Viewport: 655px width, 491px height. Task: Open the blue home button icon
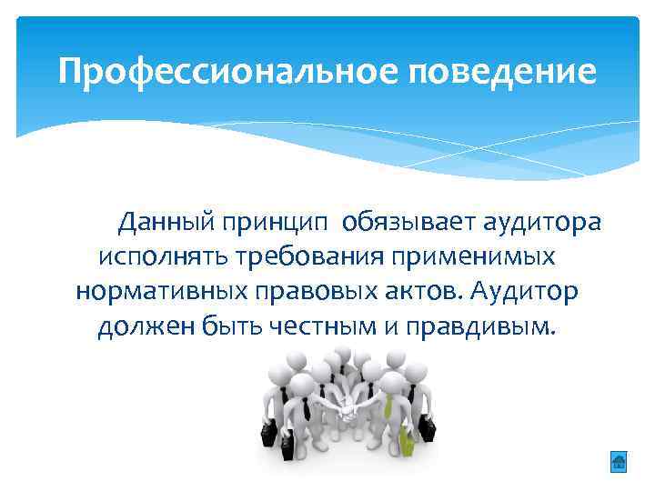[618, 462]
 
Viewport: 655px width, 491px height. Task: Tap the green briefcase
[406, 442]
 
